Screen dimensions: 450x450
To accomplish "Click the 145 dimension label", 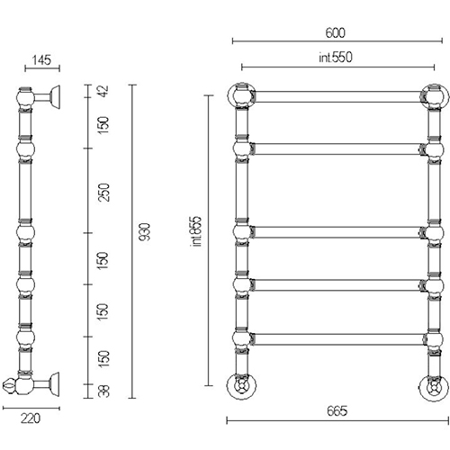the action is (41, 60).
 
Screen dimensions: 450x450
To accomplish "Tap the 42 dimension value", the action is (103, 91).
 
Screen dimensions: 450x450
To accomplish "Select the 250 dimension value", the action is (104, 193).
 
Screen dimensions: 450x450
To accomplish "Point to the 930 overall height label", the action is (145, 232).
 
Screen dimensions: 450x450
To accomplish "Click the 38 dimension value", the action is (103, 391).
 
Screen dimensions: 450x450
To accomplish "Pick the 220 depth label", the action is (31, 418).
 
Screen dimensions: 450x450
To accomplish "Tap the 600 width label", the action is (336, 32).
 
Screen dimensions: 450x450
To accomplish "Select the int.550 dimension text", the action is (336, 58).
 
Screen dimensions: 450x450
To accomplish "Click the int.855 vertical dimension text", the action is (196, 231).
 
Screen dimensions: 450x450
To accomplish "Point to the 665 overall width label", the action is (337, 410).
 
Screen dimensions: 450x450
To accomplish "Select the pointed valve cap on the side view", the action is (8, 385).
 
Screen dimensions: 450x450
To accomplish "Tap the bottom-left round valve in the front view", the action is (241, 386).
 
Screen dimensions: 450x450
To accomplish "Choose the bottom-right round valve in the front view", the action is (434, 387).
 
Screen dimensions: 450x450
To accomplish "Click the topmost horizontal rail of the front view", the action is (337, 97).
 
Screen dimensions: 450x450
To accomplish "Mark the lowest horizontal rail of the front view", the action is (338, 339).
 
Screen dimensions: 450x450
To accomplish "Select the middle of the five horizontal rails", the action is (337, 232).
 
